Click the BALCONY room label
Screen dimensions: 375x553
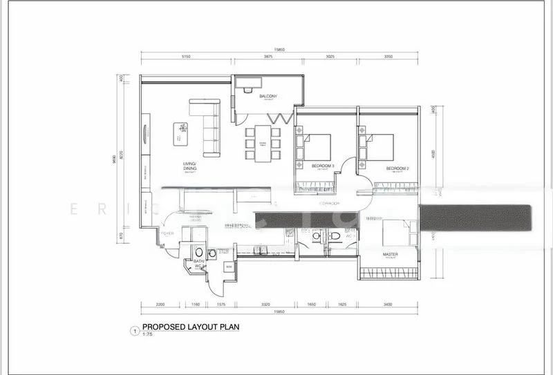(x=268, y=96)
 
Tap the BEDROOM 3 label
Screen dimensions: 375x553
(x=323, y=166)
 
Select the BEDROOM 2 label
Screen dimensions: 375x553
(x=398, y=168)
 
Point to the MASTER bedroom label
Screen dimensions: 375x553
(x=391, y=254)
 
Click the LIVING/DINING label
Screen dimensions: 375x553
(x=190, y=166)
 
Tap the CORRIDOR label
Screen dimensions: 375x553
(x=328, y=204)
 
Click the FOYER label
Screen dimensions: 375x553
(x=167, y=233)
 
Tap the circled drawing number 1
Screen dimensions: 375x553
(x=134, y=331)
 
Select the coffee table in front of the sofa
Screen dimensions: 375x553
(x=180, y=132)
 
